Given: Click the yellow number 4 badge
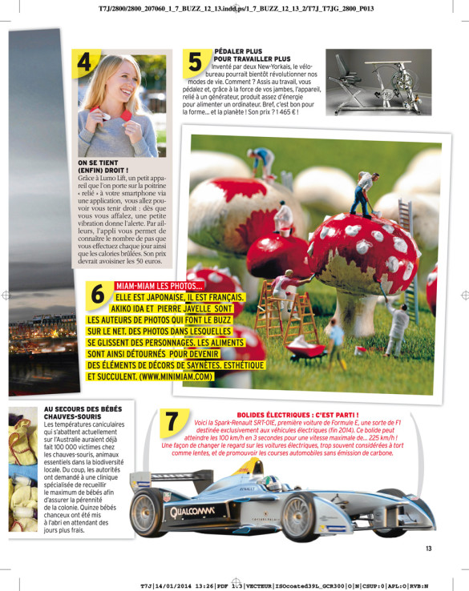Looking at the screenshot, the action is click(87, 62).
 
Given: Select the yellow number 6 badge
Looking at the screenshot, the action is click(99, 295).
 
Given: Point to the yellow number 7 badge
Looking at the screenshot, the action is click(171, 422).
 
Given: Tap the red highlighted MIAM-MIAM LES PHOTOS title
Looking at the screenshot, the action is click(159, 286).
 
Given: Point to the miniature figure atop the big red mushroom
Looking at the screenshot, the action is click(362, 194).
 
